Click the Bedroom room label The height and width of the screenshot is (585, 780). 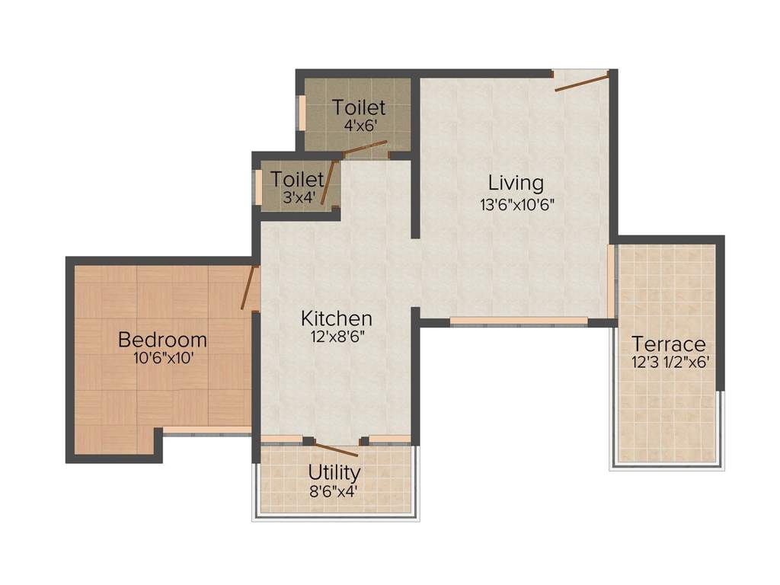[161, 339]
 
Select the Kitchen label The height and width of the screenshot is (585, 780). [336, 318]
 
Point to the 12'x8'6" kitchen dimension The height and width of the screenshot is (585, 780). [336, 336]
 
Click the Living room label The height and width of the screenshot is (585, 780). [516, 183]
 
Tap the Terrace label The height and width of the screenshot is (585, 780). [669, 344]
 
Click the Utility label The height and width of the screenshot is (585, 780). [334, 472]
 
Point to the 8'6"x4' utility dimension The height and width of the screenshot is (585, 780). [334, 491]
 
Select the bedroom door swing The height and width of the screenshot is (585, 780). [248, 288]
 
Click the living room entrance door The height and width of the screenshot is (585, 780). [580, 82]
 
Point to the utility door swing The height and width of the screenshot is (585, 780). [336, 449]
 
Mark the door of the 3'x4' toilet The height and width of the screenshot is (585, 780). [328, 183]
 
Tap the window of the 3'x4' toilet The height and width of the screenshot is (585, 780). [258, 187]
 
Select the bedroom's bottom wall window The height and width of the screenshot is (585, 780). [206, 430]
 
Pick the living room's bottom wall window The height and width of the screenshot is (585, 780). [518, 321]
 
